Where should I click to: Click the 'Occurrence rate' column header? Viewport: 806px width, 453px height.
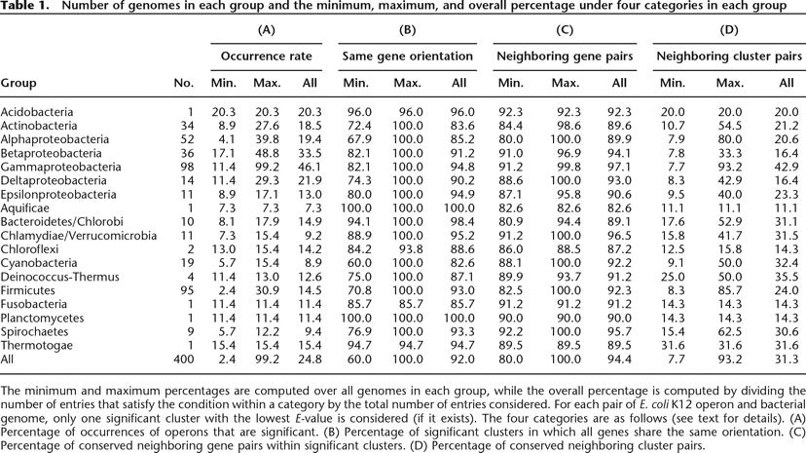(x=259, y=57)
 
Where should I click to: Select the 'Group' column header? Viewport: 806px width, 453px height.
(x=18, y=84)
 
